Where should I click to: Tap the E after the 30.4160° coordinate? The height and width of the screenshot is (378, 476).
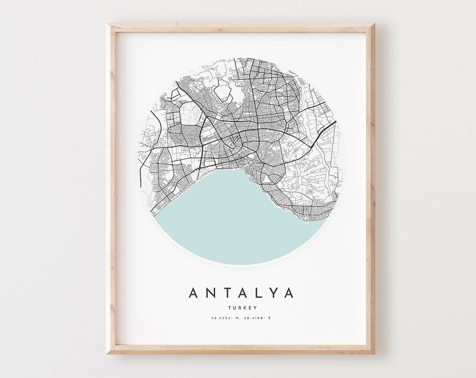[269, 318]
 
